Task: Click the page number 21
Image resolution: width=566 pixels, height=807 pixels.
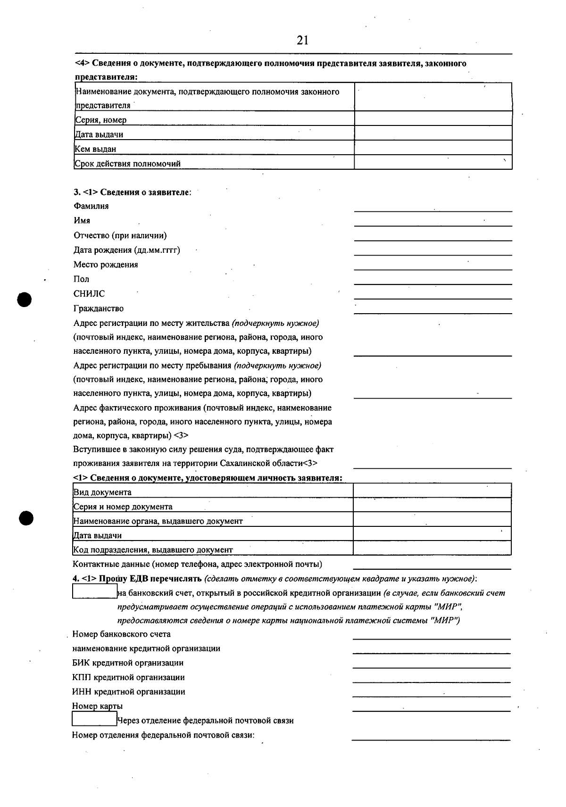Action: pyautogui.click(x=302, y=40)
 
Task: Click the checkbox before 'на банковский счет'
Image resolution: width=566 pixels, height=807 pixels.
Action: pyautogui.click(x=94, y=591)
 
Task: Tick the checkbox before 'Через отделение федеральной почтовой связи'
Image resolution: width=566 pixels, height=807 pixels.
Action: pyautogui.click(x=94, y=719)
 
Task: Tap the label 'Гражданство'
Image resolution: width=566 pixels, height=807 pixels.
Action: pyautogui.click(x=99, y=308)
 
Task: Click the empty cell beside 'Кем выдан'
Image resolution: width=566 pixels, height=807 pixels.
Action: pyautogui.click(x=433, y=148)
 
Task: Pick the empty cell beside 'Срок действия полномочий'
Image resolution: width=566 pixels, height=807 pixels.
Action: pyautogui.click(x=433, y=162)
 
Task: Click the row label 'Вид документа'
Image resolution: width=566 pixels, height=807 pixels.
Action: pyautogui.click(x=102, y=492)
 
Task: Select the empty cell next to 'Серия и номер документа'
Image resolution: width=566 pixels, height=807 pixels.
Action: pyautogui.click(x=432, y=505)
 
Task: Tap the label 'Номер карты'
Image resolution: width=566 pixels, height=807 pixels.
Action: pyautogui.click(x=97, y=706)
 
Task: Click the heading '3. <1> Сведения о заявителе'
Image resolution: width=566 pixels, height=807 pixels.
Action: pyautogui.click(x=132, y=192)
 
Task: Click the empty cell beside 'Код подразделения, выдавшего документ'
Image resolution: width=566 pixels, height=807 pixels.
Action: pyautogui.click(x=432, y=548)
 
